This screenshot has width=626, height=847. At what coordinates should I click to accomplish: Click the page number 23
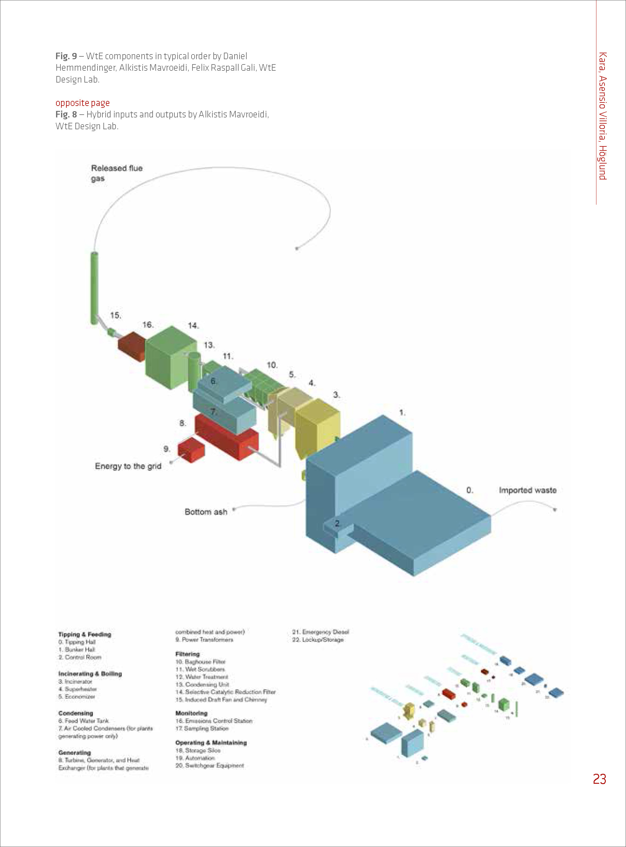[x=599, y=779]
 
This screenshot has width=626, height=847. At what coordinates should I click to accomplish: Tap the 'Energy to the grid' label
[x=128, y=466]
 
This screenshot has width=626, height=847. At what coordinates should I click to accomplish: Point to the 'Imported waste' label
[x=528, y=490]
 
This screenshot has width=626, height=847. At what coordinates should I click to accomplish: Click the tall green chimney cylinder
[x=94, y=288]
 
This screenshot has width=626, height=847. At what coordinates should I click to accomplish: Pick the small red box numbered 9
[x=191, y=450]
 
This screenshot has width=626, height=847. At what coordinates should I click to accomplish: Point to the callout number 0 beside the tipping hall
[x=470, y=490]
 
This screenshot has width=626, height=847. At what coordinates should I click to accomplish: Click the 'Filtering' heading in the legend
[x=187, y=654]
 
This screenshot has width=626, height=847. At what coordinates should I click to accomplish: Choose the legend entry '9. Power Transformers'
[x=204, y=639]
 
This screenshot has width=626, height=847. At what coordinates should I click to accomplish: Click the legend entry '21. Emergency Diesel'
[x=320, y=632]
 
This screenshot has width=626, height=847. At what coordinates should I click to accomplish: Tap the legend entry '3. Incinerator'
[x=75, y=681]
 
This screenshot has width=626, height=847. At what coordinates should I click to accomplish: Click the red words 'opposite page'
[x=83, y=103]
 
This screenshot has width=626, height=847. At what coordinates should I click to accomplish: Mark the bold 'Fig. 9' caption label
[x=66, y=56]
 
